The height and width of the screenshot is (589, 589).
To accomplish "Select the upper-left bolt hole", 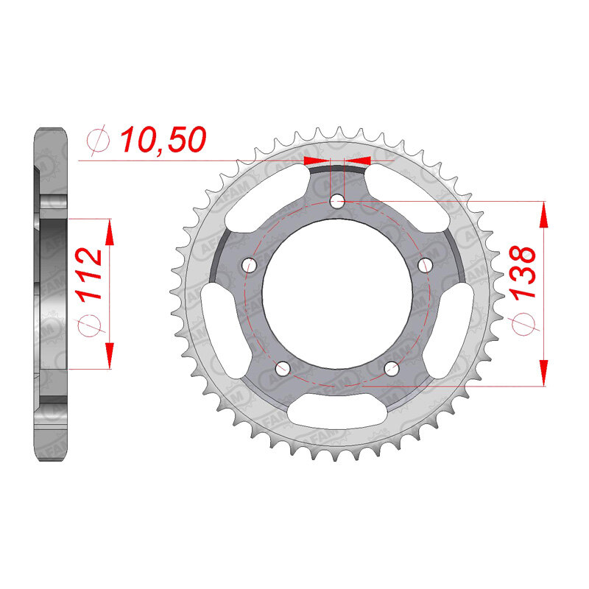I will (x=249, y=264).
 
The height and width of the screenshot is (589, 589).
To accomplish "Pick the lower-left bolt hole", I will (x=282, y=367).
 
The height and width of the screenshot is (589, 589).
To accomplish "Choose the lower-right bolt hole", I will (x=391, y=367).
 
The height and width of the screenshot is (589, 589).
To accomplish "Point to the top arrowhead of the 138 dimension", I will (x=544, y=214).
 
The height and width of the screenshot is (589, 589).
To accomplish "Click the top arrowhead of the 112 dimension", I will (x=109, y=233).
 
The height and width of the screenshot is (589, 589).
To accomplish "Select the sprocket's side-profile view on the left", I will (x=52, y=294).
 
